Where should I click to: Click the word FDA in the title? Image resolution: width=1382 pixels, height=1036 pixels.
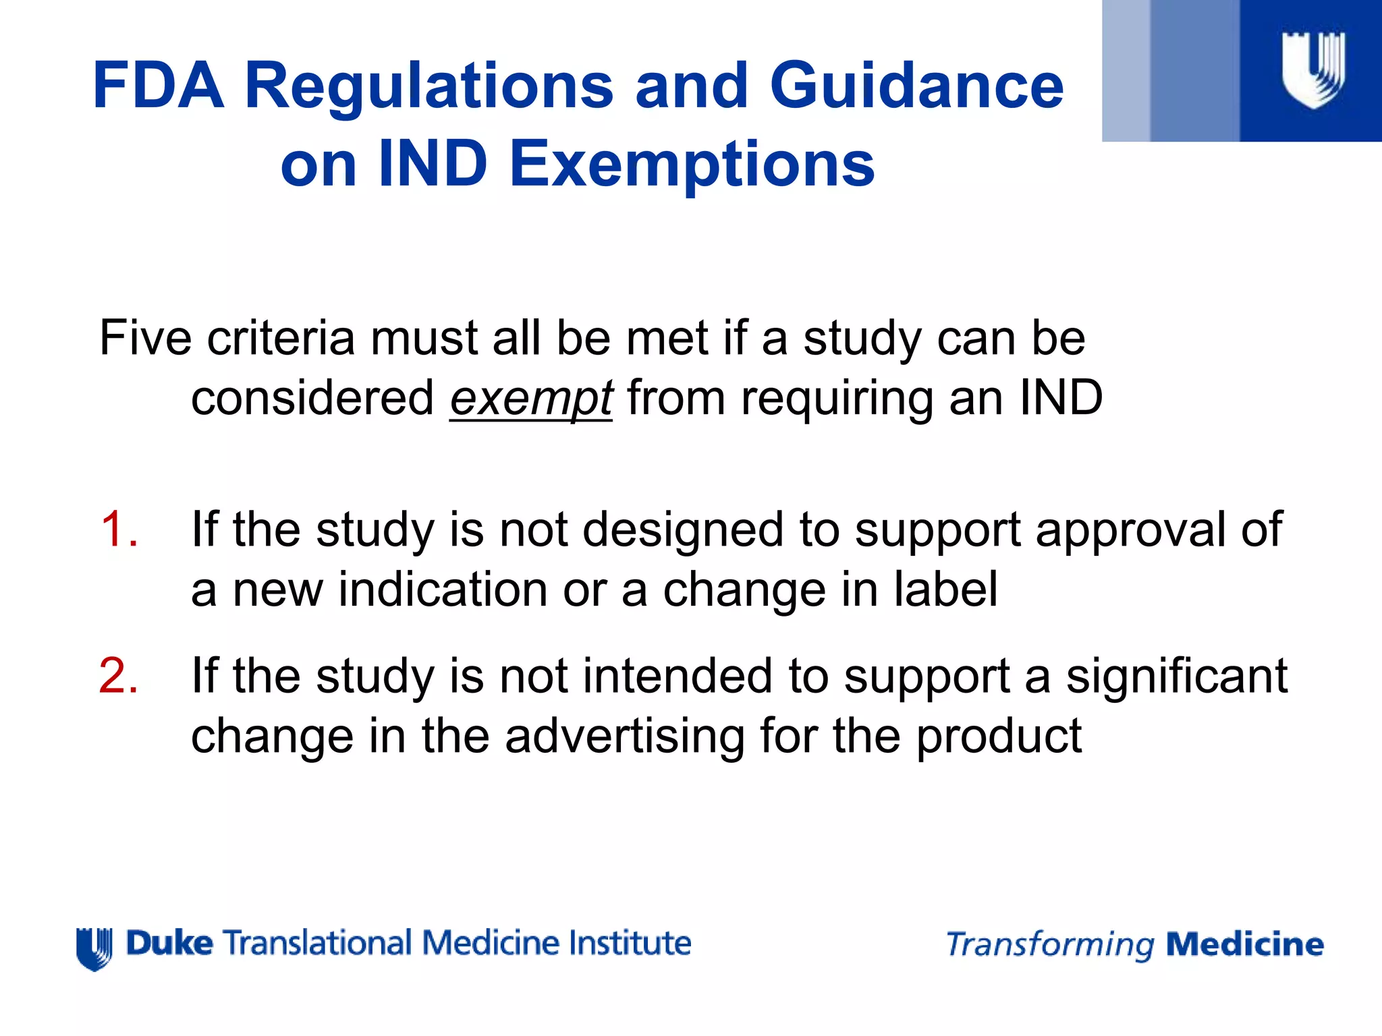[159, 86]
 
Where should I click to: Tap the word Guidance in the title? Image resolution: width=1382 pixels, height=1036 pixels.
[916, 86]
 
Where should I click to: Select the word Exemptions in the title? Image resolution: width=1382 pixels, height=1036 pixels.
[692, 164]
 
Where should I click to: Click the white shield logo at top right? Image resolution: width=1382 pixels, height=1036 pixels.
[1313, 70]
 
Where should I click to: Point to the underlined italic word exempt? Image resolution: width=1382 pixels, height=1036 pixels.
[531, 398]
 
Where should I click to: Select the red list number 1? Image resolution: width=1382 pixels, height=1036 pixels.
[119, 529]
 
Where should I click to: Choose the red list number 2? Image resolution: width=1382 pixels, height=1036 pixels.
[119, 675]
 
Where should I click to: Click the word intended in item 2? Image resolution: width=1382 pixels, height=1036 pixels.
[677, 675]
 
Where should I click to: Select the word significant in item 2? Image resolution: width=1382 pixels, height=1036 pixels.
[1176, 675]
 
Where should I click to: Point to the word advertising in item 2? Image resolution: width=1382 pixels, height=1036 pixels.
[625, 735]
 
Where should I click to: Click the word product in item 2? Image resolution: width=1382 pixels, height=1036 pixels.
[999, 735]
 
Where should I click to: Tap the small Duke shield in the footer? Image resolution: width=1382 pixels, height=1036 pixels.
[94, 949]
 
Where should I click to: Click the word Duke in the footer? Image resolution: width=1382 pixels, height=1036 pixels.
[169, 943]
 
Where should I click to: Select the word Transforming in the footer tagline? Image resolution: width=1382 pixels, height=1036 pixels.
[1050, 945]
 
